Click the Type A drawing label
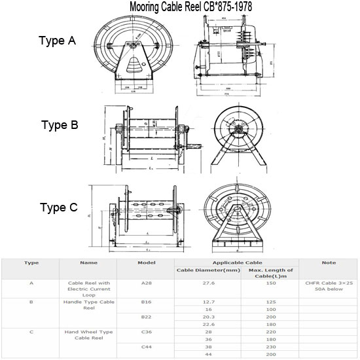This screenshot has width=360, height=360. [58, 41]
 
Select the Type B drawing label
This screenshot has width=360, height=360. [60, 125]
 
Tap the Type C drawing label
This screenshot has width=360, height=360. [59, 208]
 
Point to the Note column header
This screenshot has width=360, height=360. [329, 262]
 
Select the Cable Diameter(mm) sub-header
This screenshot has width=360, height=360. [207, 270]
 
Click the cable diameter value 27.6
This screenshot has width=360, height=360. [207, 283]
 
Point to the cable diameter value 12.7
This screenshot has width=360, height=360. [207, 301]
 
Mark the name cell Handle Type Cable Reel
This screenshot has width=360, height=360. [88, 305]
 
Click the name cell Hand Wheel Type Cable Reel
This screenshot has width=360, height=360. [88, 336]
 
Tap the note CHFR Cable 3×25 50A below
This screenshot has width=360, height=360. [329, 287]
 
